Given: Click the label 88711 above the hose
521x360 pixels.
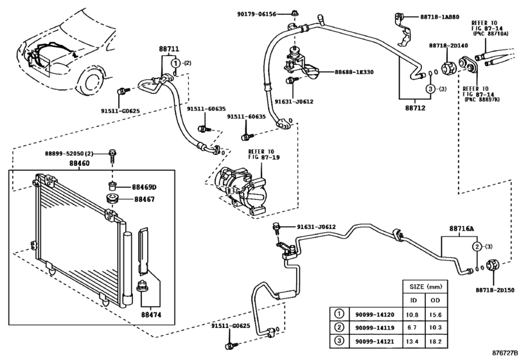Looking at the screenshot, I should click(169, 49).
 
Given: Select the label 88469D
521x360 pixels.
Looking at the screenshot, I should click(145, 187).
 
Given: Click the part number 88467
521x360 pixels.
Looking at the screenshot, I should click(144, 200).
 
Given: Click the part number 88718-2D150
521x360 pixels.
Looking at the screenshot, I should click(495, 290).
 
